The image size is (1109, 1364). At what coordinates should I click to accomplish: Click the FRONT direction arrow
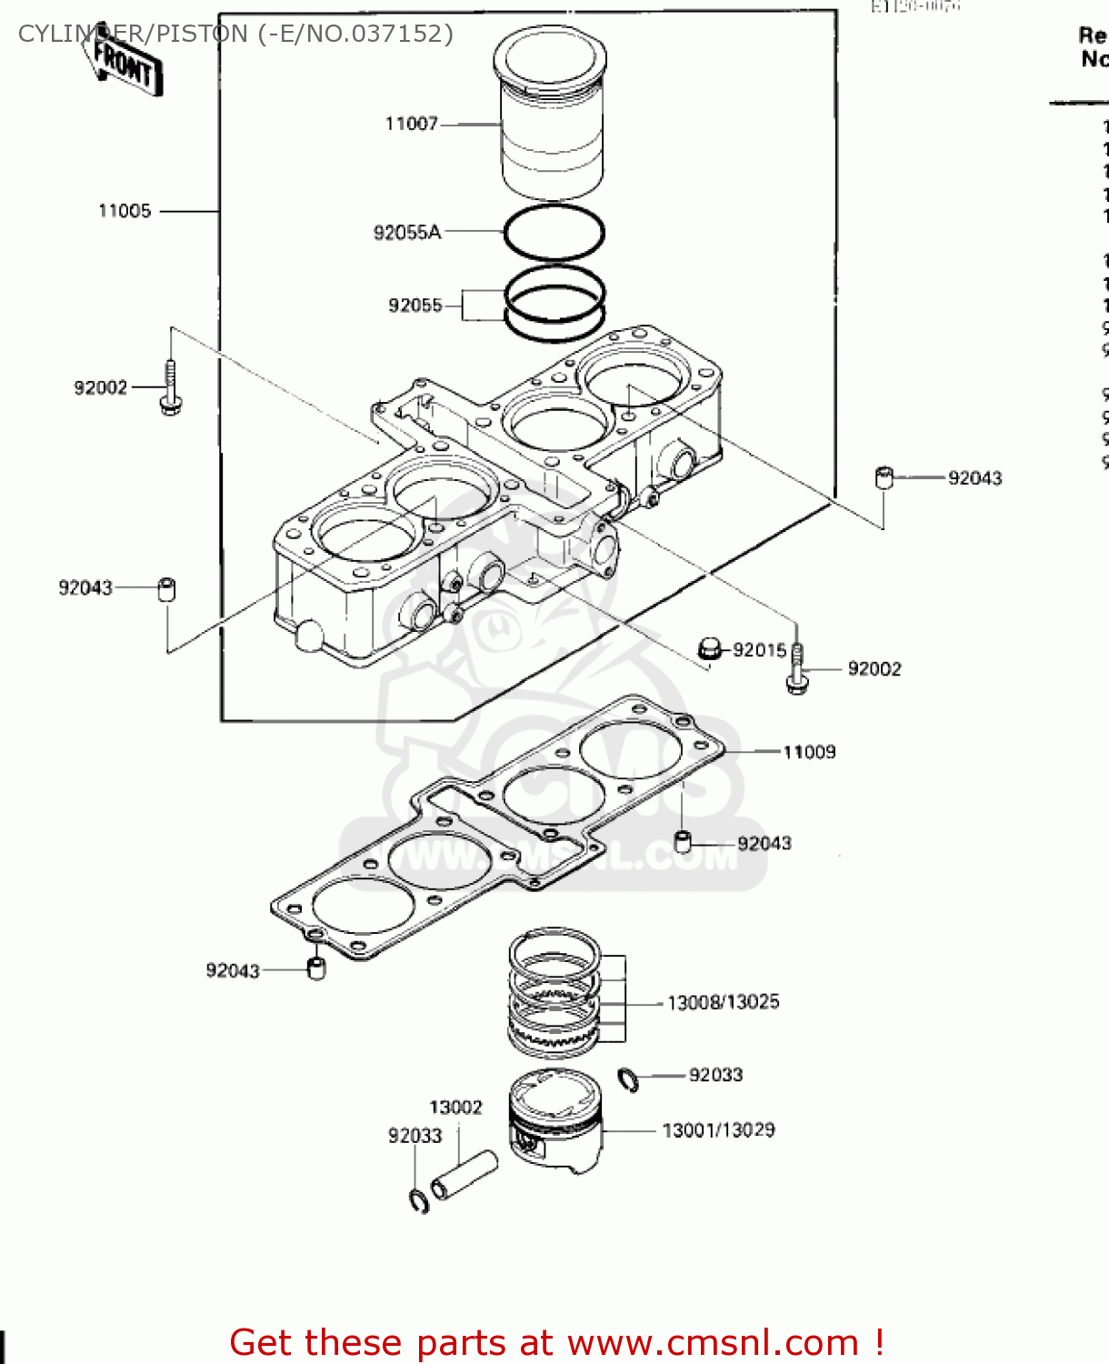coord(125,64)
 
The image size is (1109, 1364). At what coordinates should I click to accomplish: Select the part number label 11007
coord(411,124)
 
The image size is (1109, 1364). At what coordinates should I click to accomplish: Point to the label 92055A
coord(406,233)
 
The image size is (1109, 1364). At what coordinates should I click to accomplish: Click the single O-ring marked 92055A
coord(554,233)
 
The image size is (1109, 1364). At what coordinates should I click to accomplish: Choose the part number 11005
coord(125,211)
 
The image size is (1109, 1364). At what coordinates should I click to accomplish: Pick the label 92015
coord(759,650)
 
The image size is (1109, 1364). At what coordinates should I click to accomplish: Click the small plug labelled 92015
coord(710,648)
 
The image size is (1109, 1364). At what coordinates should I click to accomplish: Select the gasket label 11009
coord(809,752)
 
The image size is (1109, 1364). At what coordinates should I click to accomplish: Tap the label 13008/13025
coord(723,1002)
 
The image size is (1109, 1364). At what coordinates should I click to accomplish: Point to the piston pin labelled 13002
coord(465,1176)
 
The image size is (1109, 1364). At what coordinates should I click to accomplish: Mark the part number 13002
coord(455,1108)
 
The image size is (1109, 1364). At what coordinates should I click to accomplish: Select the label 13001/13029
coord(718,1130)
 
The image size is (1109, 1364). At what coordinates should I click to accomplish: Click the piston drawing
coord(554,1123)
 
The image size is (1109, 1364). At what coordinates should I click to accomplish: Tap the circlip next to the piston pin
coord(418,1200)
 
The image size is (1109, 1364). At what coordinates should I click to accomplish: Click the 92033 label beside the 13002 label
coord(415,1136)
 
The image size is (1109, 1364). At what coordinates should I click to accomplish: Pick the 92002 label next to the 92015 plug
coord(874,669)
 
